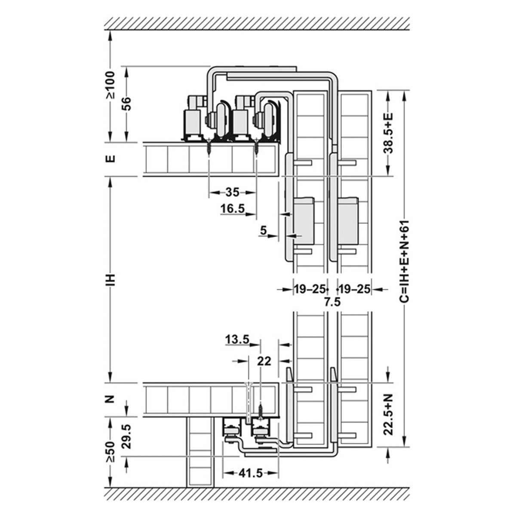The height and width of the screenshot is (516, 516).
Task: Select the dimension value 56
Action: [126, 104]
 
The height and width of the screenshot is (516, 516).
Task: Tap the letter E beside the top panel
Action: [111, 159]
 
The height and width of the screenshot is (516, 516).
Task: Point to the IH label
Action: [111, 279]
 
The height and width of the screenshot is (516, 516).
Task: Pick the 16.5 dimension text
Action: [233, 208]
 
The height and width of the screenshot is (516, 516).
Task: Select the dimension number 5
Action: [264, 230]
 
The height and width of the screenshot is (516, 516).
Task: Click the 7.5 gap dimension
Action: [332, 302]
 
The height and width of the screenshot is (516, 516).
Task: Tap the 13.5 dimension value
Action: [237, 340]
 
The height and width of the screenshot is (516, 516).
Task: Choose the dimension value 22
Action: [264, 362]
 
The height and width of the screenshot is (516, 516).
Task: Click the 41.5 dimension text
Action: [250, 474]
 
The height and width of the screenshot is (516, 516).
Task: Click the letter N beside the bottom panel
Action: [111, 399]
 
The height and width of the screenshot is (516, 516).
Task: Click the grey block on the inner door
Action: [304, 221]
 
